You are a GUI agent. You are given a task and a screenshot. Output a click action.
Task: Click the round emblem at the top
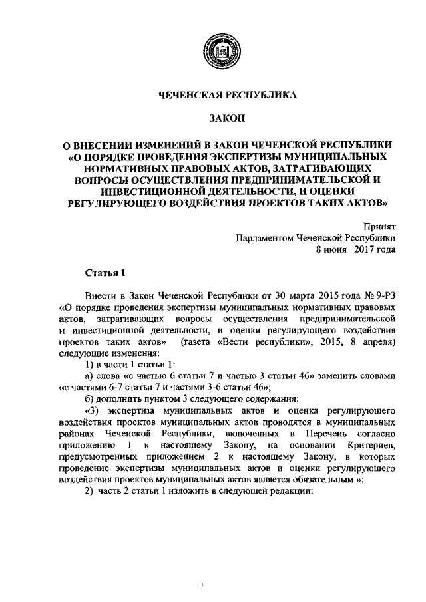coord(219,50)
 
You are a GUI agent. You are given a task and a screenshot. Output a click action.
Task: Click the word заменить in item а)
coord(318,375)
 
